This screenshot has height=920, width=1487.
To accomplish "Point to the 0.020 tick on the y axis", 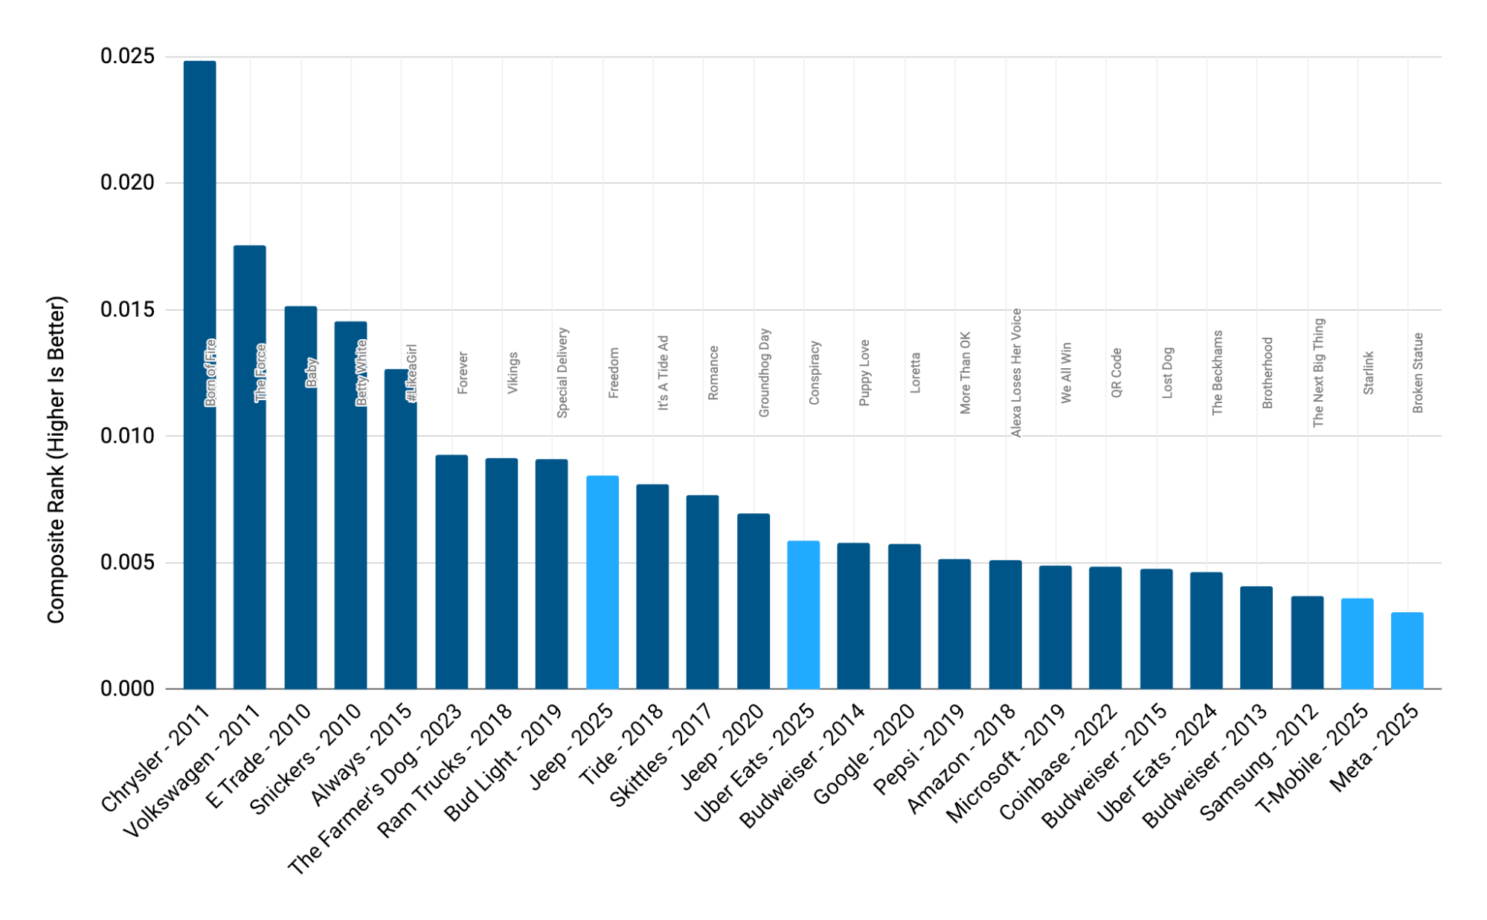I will pyautogui.click(x=127, y=183).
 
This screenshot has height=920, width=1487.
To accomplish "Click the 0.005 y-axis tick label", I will pyautogui.click(x=127, y=562).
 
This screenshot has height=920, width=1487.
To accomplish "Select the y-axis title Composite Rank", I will pyautogui.click(x=57, y=459).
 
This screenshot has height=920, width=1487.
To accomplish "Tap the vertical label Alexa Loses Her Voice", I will pyautogui.click(x=1016, y=372).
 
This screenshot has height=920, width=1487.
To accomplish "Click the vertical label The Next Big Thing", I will pyautogui.click(x=1318, y=372).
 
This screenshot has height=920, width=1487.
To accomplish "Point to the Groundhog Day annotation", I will pyautogui.click(x=764, y=372).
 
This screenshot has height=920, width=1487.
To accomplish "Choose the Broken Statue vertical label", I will pyautogui.click(x=1418, y=372).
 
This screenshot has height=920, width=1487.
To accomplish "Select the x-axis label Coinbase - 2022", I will pyautogui.click(x=1059, y=762).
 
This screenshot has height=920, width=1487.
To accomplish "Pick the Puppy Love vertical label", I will pyautogui.click(x=864, y=372).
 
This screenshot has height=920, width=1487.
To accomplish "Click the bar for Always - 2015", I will pyautogui.click(x=400, y=535).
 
